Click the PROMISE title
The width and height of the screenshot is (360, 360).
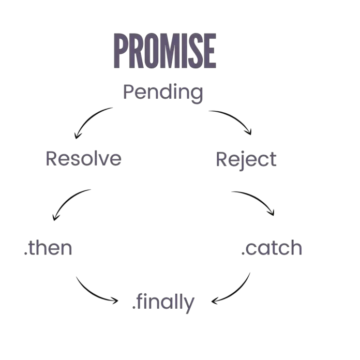pyautogui.click(x=165, y=51)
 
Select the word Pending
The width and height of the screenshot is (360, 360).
pyautogui.click(x=163, y=93)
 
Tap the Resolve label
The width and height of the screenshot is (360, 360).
pyautogui.click(x=84, y=158)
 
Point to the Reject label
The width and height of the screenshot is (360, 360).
pyautogui.click(x=246, y=160)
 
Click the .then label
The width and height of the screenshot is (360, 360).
pyautogui.click(x=48, y=248)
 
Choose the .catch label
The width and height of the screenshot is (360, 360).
pyautogui.click(x=272, y=247)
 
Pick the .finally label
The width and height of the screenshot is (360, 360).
pyautogui.click(x=163, y=303)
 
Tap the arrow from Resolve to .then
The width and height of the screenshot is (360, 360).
pyautogui.click(x=67, y=201)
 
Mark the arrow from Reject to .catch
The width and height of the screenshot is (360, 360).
pyautogui.click(x=257, y=199)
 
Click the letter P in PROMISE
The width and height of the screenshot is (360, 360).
pyautogui.click(x=121, y=51)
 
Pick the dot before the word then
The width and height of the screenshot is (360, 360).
pyautogui.click(x=25, y=253)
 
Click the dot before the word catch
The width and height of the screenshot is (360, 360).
pyautogui.click(x=243, y=253)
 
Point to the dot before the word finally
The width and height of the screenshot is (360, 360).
pyautogui.click(x=134, y=307)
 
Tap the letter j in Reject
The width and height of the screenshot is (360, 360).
pyautogui.click(x=242, y=161)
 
